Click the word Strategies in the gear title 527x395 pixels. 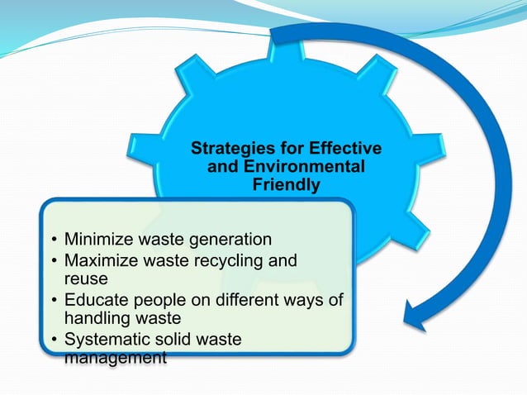point(227,150)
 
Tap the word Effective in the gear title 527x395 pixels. point(344,150)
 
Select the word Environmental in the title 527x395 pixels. point(315,168)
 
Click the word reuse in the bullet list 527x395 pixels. point(86,279)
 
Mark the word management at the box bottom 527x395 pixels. point(115,358)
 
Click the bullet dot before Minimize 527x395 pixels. point(54,241)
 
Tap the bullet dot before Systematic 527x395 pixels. point(54,340)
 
